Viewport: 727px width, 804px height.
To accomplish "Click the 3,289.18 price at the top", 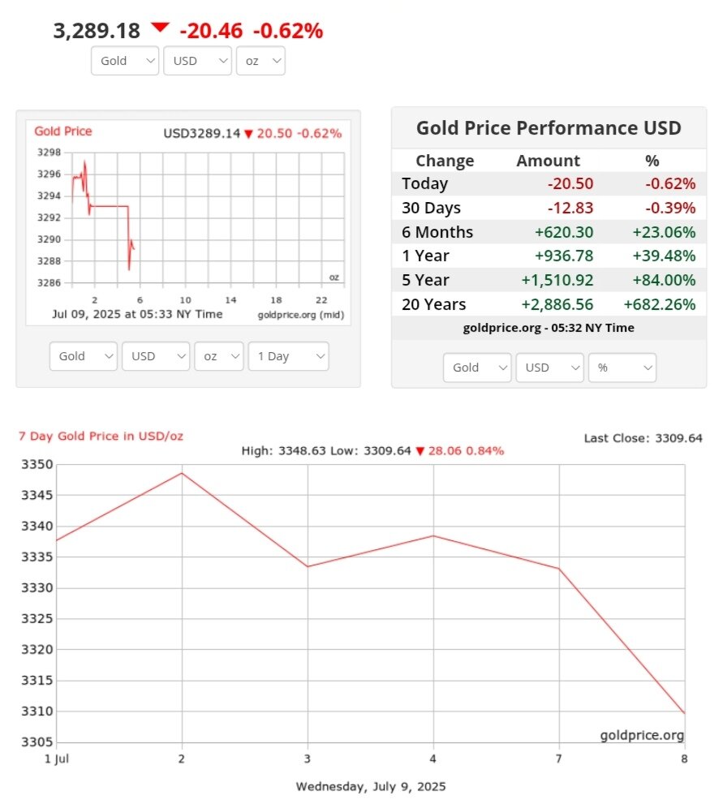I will [97, 31].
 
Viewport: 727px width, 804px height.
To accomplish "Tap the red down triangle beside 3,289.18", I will [160, 28].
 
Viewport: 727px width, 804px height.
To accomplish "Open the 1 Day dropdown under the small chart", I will [289, 356].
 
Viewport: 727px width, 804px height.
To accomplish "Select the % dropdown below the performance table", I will [622, 368].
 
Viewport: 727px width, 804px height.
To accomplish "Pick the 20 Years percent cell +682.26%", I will [659, 304].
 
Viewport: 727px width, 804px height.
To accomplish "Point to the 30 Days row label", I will [431, 208].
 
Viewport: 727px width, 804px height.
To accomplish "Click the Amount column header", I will [548, 161].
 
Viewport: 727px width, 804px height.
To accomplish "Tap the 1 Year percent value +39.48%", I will [664, 256].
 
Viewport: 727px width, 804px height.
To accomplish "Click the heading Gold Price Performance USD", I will [548, 127].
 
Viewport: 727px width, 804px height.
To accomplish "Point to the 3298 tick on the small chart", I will [49, 153].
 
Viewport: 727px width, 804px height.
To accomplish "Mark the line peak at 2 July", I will [182, 473].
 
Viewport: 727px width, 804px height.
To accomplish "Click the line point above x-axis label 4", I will [433, 535].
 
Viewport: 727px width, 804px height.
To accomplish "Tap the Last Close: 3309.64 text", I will [643, 438].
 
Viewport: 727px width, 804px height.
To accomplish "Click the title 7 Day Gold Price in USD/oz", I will [101, 436].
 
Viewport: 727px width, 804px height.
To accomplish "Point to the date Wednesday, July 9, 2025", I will [371, 786].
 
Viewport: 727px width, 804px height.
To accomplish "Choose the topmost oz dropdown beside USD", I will [260, 61].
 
